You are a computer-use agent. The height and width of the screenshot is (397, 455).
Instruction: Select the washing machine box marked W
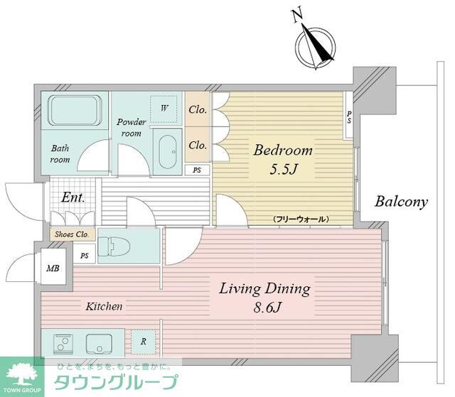(x=164, y=109)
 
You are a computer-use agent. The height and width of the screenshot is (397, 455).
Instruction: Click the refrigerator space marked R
(x=143, y=342)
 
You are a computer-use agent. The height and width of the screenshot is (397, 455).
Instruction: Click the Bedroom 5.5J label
(x=283, y=161)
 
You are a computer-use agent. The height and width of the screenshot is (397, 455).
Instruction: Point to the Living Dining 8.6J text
(x=264, y=298)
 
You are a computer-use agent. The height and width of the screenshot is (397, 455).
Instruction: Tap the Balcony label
(x=402, y=202)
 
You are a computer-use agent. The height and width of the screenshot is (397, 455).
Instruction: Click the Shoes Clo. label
(x=71, y=234)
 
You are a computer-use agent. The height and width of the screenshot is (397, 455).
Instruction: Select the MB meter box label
(x=53, y=268)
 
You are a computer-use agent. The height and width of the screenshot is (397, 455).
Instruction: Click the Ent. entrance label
(x=73, y=198)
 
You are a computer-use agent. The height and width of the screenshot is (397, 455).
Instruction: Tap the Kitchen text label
(x=105, y=307)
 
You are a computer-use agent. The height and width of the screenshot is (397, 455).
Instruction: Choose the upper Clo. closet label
(x=197, y=110)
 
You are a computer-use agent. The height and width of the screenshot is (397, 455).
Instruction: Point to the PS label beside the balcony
(x=348, y=117)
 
